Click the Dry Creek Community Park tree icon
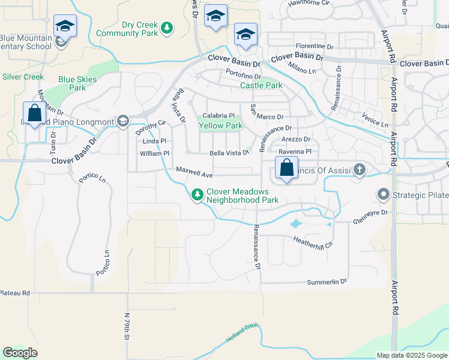[167, 28]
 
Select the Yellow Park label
[220, 126]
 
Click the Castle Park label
[261, 86]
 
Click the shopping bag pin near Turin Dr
[34, 113]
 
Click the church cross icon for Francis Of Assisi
[360, 170]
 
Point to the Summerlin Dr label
[327, 281]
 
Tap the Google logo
[20, 353]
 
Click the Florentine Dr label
[313, 46]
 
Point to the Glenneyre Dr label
[371, 212]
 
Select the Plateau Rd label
[14, 293]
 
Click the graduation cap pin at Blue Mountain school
[65, 26]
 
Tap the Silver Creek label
[23, 77]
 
